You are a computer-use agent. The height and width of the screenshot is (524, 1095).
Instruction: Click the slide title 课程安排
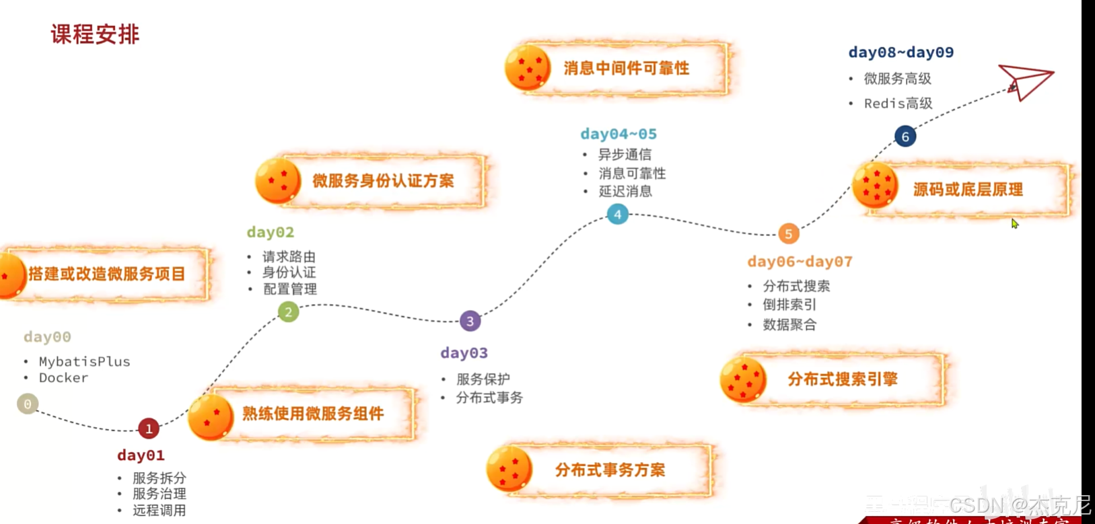tap(95, 34)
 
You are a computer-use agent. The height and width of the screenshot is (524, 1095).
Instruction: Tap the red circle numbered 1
tap(149, 428)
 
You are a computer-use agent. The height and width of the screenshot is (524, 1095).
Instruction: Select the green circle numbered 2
tap(289, 312)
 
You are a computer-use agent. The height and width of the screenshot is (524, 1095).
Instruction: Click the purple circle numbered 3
tap(470, 321)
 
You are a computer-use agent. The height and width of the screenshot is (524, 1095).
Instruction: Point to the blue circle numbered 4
tap(617, 215)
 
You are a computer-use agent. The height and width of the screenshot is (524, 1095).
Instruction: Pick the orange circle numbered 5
tap(788, 234)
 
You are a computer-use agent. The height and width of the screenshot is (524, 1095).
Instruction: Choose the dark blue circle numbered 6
tap(905, 137)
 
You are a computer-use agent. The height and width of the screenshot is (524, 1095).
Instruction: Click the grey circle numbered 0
tap(28, 404)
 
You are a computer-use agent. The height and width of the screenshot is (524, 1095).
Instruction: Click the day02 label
tap(271, 233)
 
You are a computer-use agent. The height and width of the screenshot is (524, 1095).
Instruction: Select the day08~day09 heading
tap(900, 52)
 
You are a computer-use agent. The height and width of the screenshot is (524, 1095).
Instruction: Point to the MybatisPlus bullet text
tap(85, 362)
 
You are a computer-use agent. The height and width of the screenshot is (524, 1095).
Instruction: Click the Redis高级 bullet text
tap(898, 104)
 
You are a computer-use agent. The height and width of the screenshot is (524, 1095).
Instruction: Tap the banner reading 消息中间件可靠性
tap(626, 69)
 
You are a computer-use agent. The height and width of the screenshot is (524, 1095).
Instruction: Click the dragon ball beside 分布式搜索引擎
tap(743, 379)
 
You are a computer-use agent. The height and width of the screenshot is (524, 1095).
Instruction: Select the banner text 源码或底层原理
tap(967, 190)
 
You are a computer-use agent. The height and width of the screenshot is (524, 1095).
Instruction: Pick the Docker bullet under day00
tap(63, 378)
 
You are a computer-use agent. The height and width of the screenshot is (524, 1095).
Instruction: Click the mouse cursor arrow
tap(1014, 223)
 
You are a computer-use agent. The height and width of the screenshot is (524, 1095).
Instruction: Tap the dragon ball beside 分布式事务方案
tap(509, 469)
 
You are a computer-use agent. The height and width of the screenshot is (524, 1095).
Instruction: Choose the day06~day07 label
tap(800, 262)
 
